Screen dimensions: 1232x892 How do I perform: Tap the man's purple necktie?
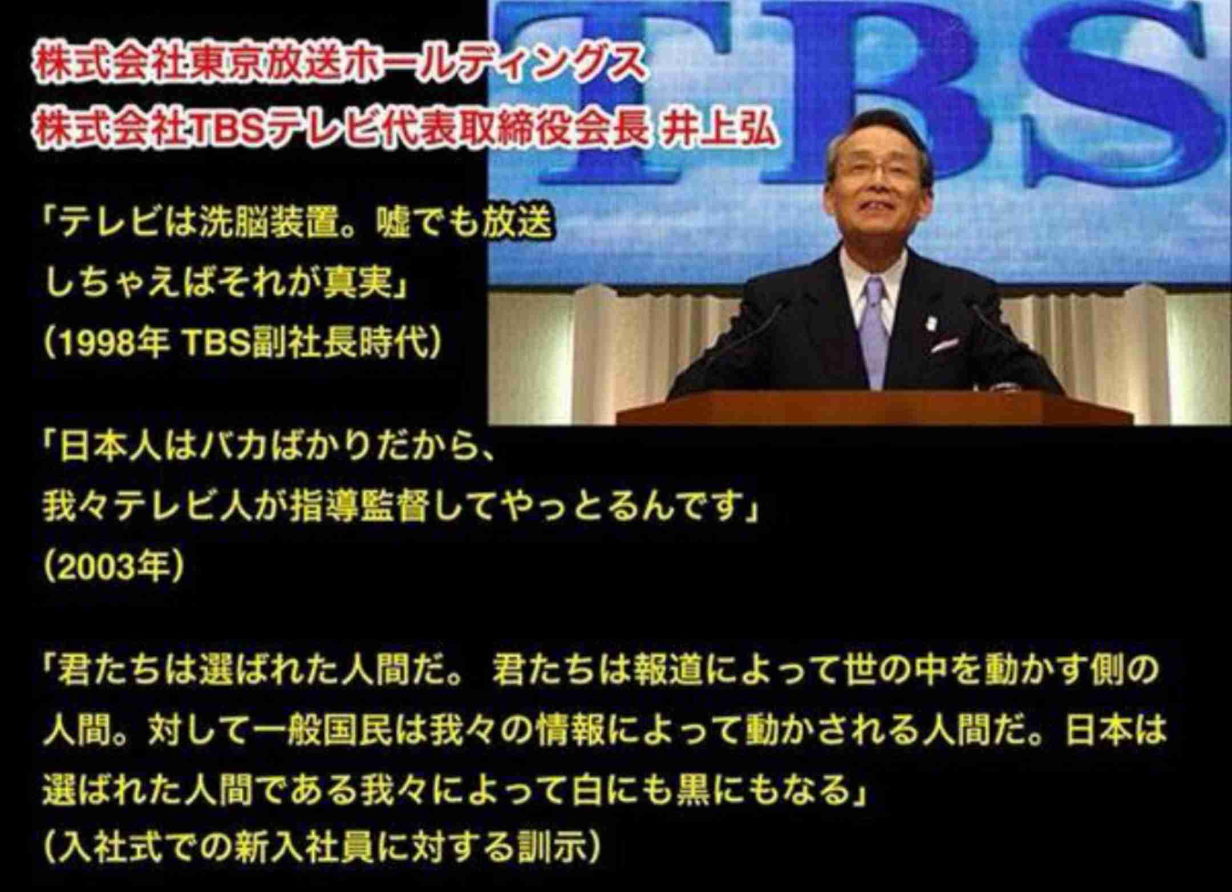click(877, 331)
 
